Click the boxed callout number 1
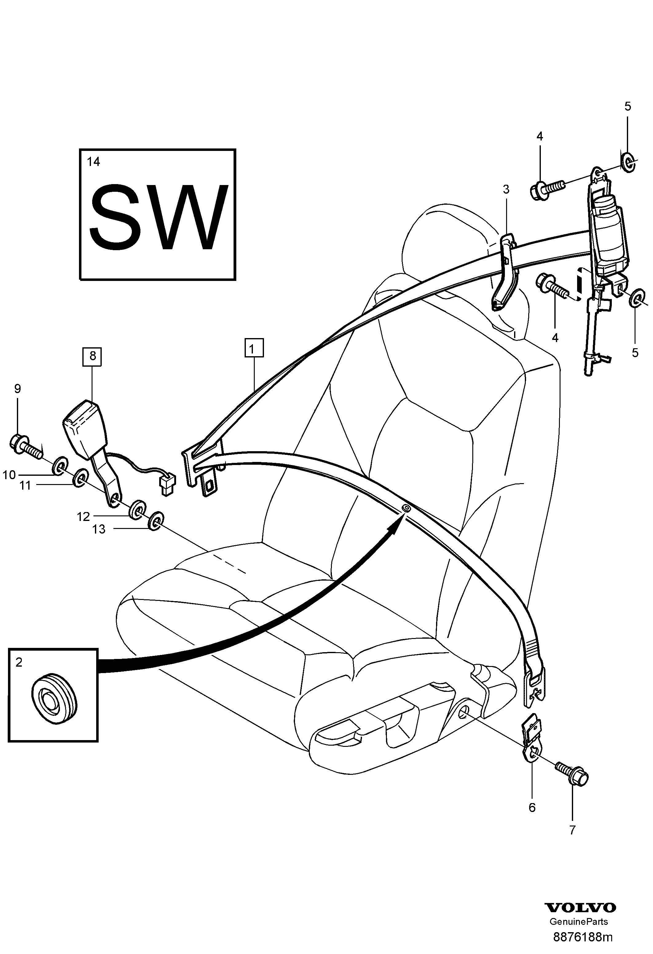(x=254, y=349)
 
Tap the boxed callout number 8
(x=92, y=356)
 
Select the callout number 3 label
(x=506, y=189)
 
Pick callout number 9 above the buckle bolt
(x=17, y=388)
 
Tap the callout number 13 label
(x=99, y=530)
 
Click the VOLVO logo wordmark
(x=580, y=904)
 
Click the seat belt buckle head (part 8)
(x=85, y=429)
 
